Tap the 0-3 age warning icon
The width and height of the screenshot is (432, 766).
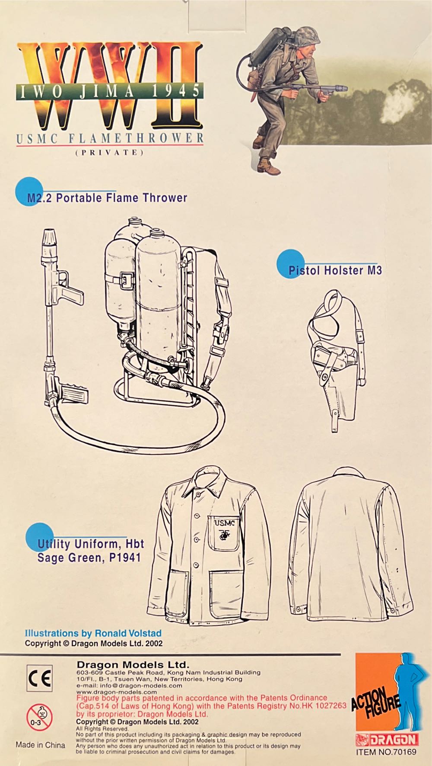[x=39, y=716]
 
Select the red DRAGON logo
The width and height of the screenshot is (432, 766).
[x=387, y=739]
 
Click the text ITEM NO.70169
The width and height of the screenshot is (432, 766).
[x=386, y=752]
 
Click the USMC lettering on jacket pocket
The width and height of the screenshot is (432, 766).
[x=225, y=523]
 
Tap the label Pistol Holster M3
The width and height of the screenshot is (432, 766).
[x=335, y=270]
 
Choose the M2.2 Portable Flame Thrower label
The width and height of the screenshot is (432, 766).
[x=107, y=198]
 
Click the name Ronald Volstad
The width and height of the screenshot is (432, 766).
[x=128, y=633]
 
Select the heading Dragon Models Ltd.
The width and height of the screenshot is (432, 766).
[x=133, y=665]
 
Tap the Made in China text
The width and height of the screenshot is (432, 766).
[x=40, y=745]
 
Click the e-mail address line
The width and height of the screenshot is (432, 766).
[x=129, y=685]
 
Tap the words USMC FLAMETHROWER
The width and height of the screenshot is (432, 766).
[x=110, y=138]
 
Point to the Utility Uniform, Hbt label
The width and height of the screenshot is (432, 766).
[x=91, y=544]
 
